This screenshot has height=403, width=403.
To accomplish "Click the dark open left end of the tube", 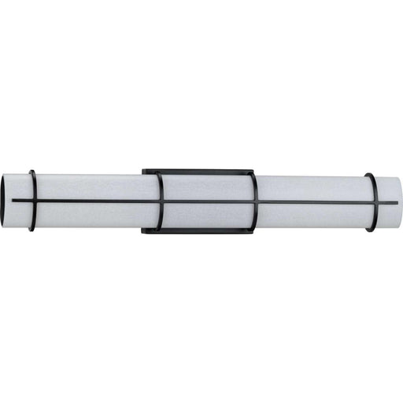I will click(x=6, y=201).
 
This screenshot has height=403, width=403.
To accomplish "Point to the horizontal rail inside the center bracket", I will click(x=206, y=201).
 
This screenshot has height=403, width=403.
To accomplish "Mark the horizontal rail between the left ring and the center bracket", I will click(x=94, y=201).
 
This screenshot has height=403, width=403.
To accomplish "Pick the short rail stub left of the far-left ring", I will click(x=20, y=201).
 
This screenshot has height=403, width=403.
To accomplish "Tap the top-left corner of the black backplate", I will click(x=144, y=171).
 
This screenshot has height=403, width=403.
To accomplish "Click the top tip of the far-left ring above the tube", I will click(x=31, y=172).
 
